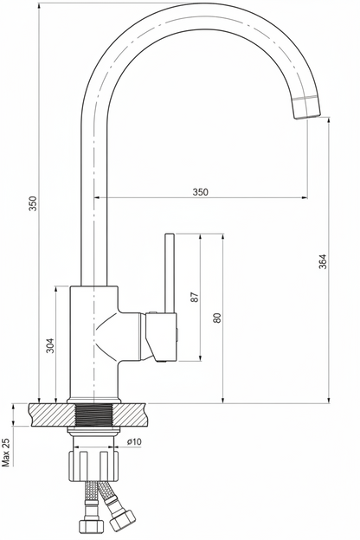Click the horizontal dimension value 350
200,191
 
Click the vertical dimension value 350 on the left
32,203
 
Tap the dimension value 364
322,261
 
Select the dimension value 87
195,297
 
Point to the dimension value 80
216,318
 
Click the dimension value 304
50,344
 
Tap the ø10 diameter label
133,441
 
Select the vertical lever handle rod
170,273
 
